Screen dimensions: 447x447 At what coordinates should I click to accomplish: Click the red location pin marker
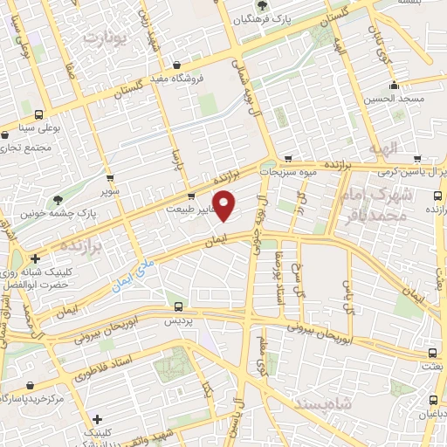pyautogui.click(x=225, y=206)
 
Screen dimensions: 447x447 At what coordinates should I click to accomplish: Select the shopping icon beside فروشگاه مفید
pyautogui.click(x=177, y=65)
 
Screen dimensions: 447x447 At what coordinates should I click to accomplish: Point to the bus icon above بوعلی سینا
pyautogui.click(x=38, y=114)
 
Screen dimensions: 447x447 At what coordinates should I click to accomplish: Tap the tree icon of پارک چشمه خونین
pyautogui.click(x=58, y=199)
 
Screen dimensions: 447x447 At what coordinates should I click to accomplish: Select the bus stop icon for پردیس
pyautogui.click(x=178, y=307)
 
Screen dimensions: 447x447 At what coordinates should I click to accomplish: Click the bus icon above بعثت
pyautogui.click(x=434, y=353)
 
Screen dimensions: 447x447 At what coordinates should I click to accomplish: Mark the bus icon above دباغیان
pyautogui.click(x=434, y=402)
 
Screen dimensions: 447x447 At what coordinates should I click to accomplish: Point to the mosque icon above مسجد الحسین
pyautogui.click(x=395, y=86)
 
